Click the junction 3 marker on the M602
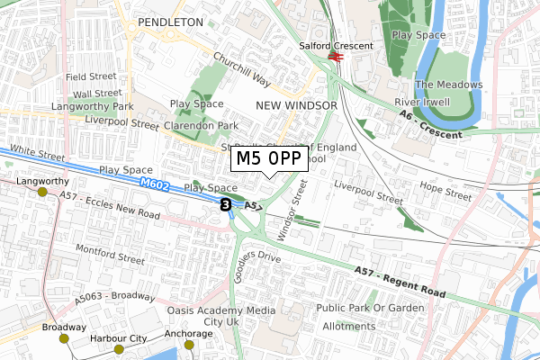225,205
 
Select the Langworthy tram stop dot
42,192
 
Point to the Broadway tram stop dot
64,338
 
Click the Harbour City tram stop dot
119,349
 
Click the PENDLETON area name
171,20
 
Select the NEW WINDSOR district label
296,105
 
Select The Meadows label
448,85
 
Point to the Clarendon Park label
203,125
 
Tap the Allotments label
348,326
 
